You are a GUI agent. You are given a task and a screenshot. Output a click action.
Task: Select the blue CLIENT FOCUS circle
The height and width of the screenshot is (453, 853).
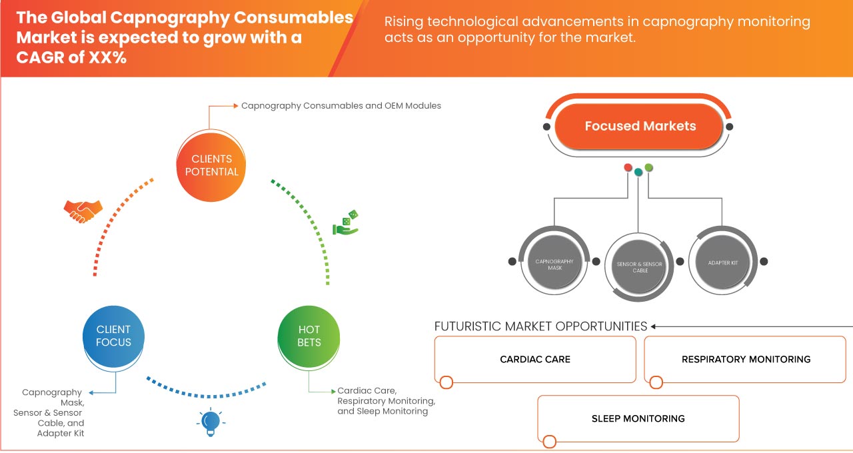(x=113, y=336)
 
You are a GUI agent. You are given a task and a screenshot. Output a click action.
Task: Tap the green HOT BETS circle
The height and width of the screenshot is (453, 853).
(x=309, y=336)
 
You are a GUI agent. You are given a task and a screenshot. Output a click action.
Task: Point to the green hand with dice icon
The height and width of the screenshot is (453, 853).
(x=346, y=223)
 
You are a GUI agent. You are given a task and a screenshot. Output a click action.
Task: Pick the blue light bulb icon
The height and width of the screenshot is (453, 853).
(x=211, y=422)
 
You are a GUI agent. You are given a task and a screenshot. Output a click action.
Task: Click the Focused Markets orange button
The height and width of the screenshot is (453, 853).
(x=640, y=126)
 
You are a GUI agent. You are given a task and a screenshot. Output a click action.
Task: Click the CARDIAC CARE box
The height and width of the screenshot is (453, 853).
(x=535, y=359)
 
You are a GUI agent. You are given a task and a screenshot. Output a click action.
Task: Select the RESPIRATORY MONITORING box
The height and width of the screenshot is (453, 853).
(x=745, y=359)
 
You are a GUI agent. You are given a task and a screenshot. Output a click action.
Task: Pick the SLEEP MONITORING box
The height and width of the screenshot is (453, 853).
(x=638, y=418)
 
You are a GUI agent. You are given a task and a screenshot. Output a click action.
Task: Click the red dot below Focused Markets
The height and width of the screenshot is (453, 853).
(x=628, y=167)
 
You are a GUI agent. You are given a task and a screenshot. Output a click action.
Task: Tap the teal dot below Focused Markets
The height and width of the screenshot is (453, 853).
(x=638, y=172)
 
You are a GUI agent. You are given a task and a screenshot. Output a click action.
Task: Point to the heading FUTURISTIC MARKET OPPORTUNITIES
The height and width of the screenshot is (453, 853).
(x=540, y=326)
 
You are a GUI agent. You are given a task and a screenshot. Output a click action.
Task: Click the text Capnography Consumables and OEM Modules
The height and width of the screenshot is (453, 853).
(x=341, y=105)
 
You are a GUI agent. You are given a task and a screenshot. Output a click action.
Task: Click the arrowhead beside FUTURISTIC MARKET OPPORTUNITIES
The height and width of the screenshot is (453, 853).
(x=654, y=326)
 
